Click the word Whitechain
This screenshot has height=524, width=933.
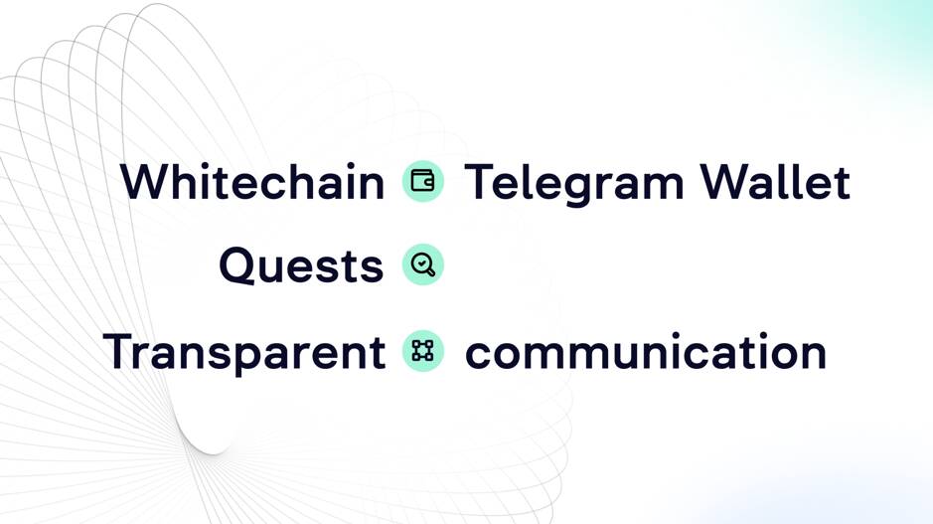click(252, 183)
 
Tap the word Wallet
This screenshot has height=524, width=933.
click(775, 183)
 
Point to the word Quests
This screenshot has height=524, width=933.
click(301, 266)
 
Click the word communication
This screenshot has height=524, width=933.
click(646, 352)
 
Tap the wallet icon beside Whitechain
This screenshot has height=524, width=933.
click(422, 182)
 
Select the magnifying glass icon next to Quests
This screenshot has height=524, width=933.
click(422, 265)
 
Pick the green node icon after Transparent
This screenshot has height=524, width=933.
click(422, 350)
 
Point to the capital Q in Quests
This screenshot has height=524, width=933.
click(237, 266)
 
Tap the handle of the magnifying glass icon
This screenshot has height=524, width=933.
click(430, 272)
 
